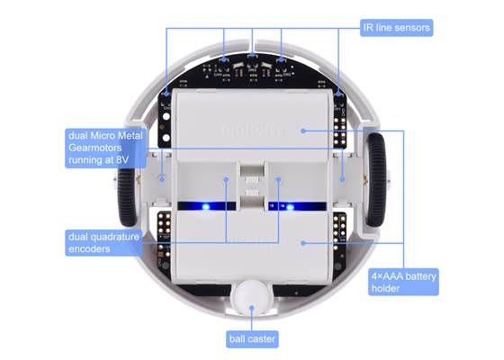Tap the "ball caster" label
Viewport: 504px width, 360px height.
click(251, 339)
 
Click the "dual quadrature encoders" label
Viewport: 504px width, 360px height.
click(103, 242)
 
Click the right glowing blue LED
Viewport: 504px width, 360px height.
click(291, 207)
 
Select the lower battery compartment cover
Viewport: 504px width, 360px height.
click(252, 247)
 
